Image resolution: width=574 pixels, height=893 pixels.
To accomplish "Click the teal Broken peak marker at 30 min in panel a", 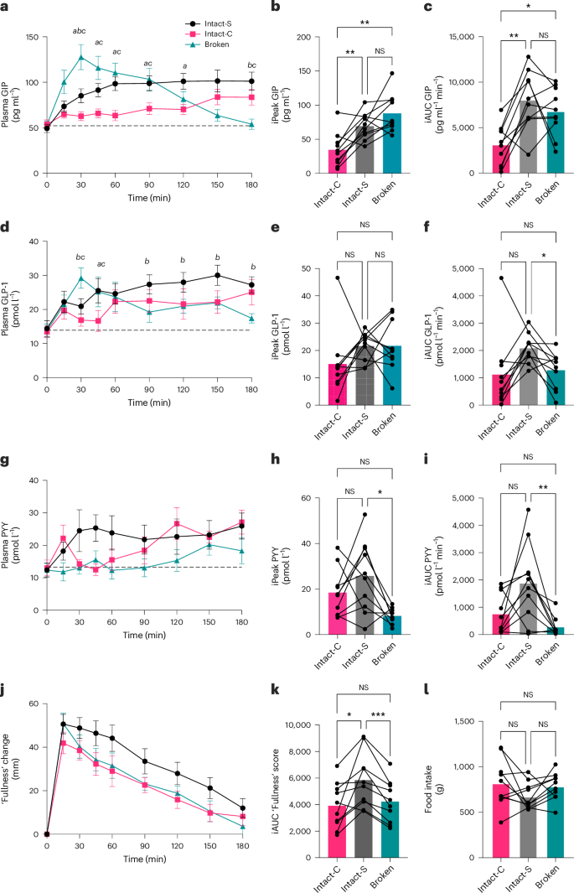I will point(81,58).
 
